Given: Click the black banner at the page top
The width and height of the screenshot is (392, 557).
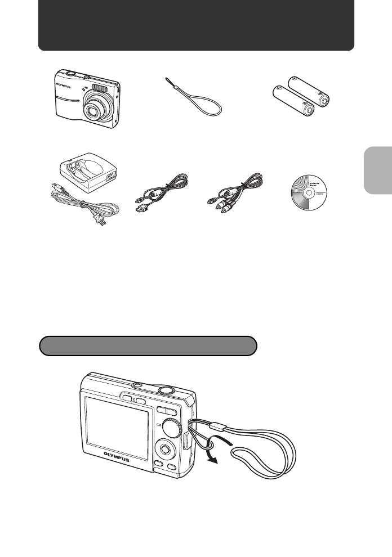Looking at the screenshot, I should [196, 25].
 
